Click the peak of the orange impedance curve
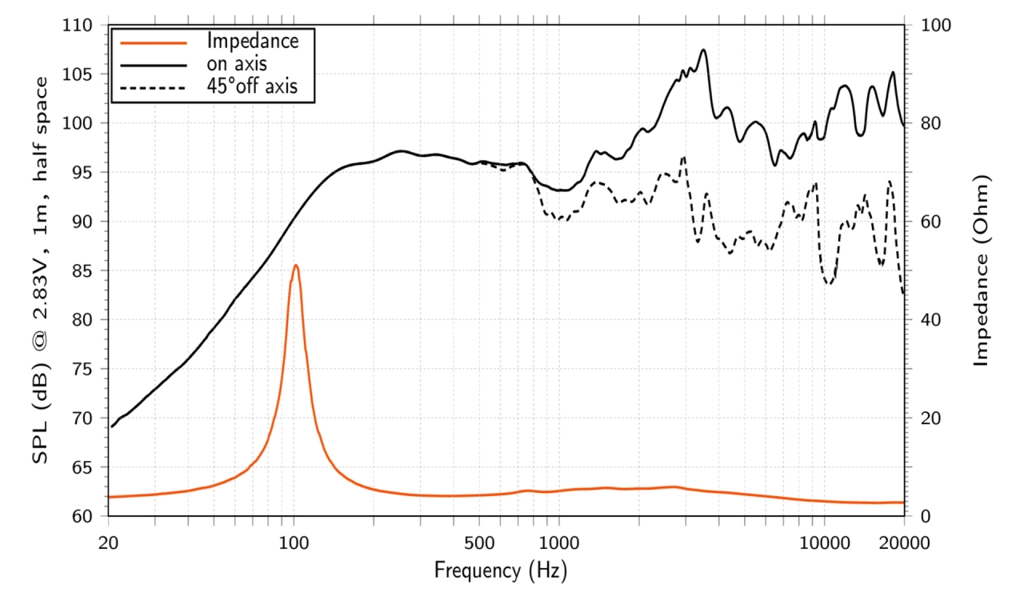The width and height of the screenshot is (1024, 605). click(296, 265)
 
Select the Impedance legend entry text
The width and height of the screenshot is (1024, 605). click(252, 41)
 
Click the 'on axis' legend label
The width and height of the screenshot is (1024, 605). click(236, 64)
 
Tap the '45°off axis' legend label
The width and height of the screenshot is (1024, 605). click(252, 86)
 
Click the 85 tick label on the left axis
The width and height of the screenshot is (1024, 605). click(82, 270)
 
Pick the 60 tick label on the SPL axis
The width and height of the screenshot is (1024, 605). click(82, 516)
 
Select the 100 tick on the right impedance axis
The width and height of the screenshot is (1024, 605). click(936, 25)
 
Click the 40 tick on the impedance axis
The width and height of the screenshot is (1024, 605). click(930, 319)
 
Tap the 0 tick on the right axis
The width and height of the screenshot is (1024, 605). click(926, 516)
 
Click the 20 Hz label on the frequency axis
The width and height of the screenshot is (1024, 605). click(108, 543)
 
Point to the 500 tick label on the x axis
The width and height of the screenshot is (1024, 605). click(479, 543)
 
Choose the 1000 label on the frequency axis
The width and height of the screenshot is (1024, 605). click(559, 543)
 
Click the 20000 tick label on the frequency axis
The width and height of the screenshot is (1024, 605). click(904, 543)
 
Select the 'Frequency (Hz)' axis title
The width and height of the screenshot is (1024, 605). click(501, 571)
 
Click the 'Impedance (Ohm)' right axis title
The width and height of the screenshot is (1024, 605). click(981, 270)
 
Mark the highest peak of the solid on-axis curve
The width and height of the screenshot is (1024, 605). click(703, 50)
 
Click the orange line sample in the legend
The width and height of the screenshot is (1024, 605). click(154, 43)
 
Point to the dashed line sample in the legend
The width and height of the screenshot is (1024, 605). click(154, 88)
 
